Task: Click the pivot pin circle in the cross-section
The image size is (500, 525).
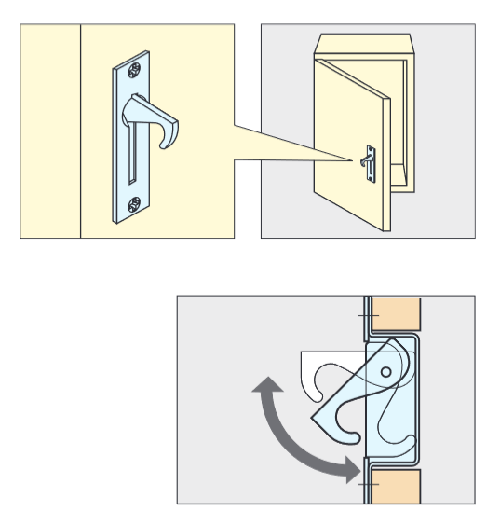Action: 385,372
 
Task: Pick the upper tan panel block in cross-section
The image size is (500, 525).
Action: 397,317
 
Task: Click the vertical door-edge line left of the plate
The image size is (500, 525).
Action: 81,131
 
